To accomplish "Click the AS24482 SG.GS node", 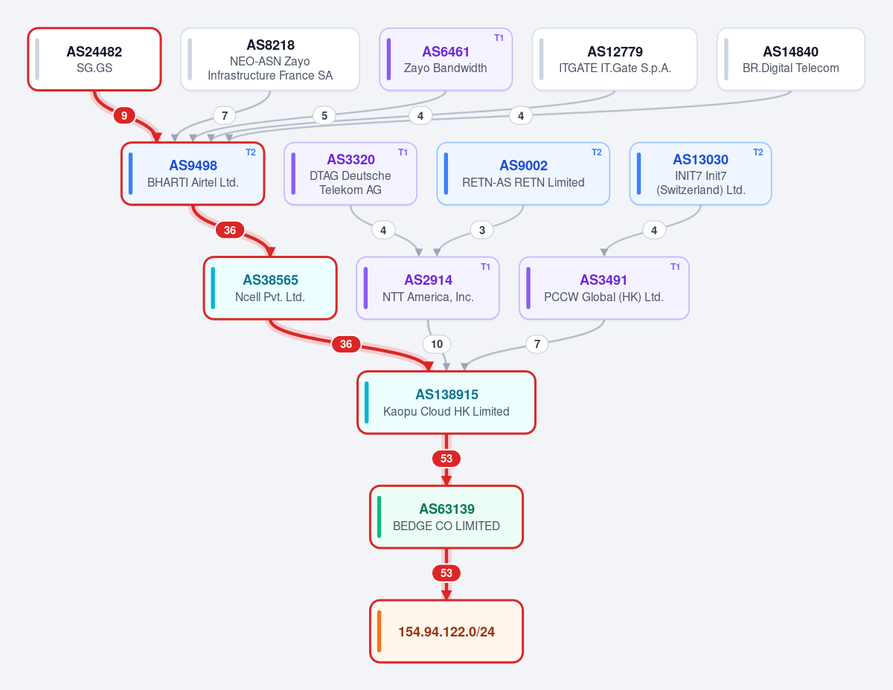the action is pyautogui.click(x=94, y=59).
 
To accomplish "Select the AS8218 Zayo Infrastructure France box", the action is pyautogui.click(x=270, y=59).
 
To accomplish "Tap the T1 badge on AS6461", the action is pyautogui.click(x=499, y=38).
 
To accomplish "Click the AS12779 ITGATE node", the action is pyautogui.click(x=615, y=59).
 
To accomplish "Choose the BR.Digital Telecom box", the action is pyautogui.click(x=790, y=59).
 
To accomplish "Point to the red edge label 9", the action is pyautogui.click(x=124, y=116).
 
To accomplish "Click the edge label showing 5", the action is pyautogui.click(x=324, y=116).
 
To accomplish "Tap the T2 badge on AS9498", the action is pyautogui.click(x=251, y=152).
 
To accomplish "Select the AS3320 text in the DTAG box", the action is pyautogui.click(x=351, y=159).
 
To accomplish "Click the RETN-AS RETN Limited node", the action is pyautogui.click(x=523, y=174).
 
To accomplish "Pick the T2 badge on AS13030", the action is pyautogui.click(x=758, y=152).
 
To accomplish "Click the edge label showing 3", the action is pyautogui.click(x=482, y=230).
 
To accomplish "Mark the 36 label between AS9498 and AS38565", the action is pyautogui.click(x=230, y=230).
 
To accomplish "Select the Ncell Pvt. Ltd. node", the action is pyautogui.click(x=270, y=288).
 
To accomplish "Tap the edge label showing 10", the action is pyautogui.click(x=436, y=344).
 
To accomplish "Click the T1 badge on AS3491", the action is pyautogui.click(x=675, y=267).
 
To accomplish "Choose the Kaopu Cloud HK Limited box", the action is pyautogui.click(x=446, y=403).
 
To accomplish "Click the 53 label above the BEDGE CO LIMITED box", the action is pyautogui.click(x=446, y=459).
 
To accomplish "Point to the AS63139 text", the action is pyautogui.click(x=446, y=509).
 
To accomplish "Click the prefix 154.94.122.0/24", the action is pyautogui.click(x=446, y=632).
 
